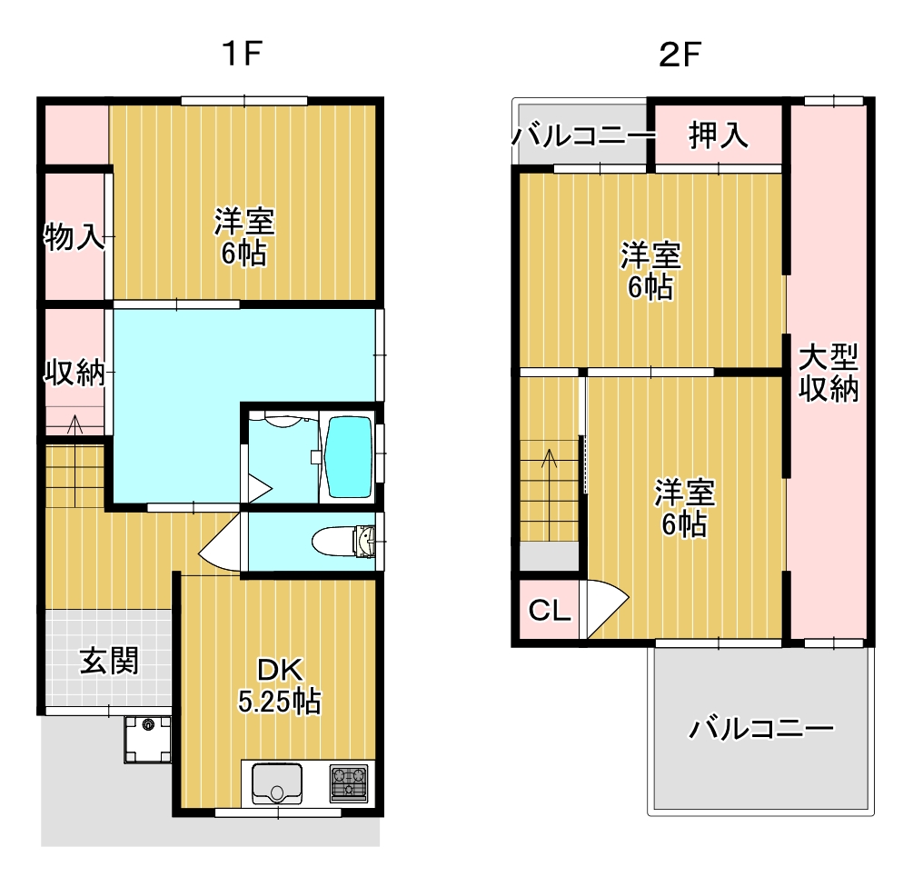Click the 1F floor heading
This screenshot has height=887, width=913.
[x=243, y=54]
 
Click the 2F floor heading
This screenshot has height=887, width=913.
[x=679, y=55]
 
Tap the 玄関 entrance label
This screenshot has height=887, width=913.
[x=109, y=661]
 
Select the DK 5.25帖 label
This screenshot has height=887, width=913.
[x=279, y=685]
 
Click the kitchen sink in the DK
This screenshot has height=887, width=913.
[x=277, y=782]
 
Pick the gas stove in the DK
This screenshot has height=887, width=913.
[x=349, y=782]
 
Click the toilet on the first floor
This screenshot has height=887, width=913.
[x=343, y=543]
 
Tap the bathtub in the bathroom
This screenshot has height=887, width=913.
[x=348, y=456]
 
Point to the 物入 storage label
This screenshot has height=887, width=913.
[x=74, y=236]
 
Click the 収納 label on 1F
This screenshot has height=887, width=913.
[x=74, y=372]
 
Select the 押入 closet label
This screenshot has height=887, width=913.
[x=718, y=135]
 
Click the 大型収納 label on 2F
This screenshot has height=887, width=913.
[x=828, y=373]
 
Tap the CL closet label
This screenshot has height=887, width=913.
[x=549, y=611]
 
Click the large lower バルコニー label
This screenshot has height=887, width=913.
[x=761, y=729]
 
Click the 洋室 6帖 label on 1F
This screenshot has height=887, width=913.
[x=244, y=236]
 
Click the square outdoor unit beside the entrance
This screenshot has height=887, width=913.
[x=148, y=739]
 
